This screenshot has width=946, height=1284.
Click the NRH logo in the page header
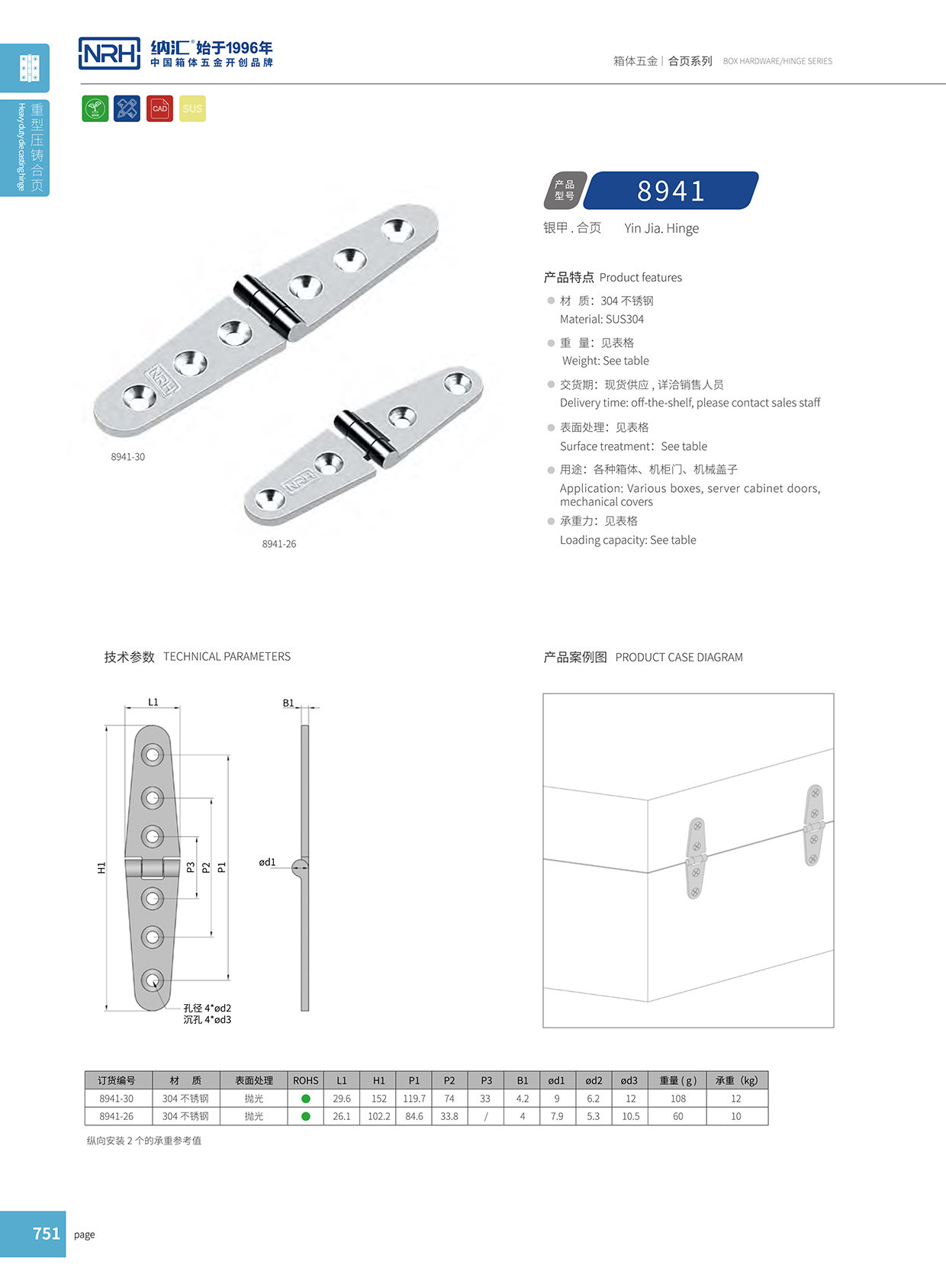coord(110,53)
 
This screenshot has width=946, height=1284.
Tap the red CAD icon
coord(159,108)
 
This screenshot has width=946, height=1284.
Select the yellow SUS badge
coord(192,108)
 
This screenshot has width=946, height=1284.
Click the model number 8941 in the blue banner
coord(671,191)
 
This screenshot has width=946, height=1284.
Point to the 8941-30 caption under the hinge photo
coord(127,457)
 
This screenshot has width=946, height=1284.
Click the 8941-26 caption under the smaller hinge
coord(278,544)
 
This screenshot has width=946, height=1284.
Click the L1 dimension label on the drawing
coord(153,702)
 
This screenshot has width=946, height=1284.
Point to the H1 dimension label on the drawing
coord(101,867)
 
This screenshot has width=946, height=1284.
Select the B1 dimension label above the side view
coord(288,703)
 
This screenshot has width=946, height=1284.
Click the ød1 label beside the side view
coord(267,862)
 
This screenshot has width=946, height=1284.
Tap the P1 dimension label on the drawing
coord(222,867)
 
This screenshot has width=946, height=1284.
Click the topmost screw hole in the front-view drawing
coord(153,755)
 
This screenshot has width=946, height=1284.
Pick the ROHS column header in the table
coord(306,1080)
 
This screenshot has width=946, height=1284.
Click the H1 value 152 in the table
coord(379,1099)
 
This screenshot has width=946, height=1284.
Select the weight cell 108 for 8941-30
coord(678,1099)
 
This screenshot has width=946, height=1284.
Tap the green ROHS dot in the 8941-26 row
coord(306,1116)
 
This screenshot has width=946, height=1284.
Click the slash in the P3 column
coord(486,1116)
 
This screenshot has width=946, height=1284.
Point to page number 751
coord(46,1234)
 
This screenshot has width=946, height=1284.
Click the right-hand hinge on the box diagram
coord(814,825)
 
